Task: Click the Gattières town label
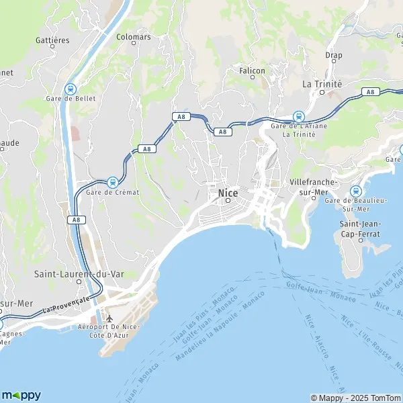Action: (x=52, y=40)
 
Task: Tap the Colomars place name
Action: (x=133, y=38)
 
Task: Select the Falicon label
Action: (x=253, y=70)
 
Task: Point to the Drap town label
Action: (x=333, y=54)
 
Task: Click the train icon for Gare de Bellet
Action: (x=70, y=88)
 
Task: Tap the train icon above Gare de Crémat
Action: (x=112, y=182)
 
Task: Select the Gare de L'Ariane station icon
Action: (x=298, y=116)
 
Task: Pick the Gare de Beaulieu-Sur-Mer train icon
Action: (x=355, y=191)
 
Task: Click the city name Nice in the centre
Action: (x=227, y=193)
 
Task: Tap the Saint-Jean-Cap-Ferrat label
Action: (x=360, y=229)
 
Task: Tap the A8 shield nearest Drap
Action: (x=369, y=91)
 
